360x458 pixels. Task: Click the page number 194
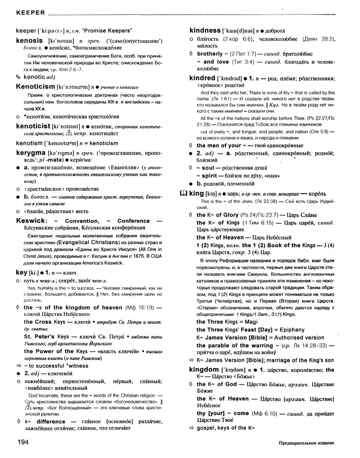tap(24, 442)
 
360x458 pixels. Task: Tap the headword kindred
tap(202, 78)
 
